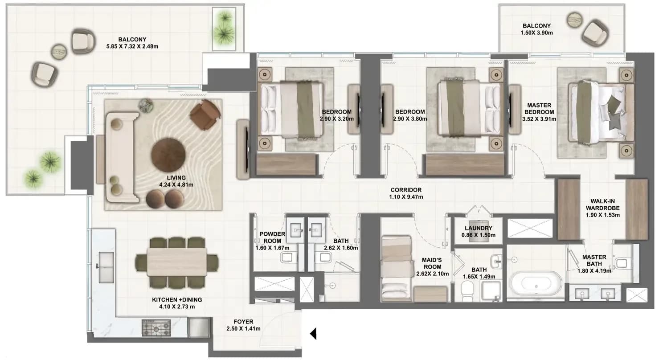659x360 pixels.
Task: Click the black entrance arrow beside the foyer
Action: pyautogui.click(x=314, y=334)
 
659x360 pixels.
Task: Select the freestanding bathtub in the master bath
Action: pyautogui.click(x=536, y=283)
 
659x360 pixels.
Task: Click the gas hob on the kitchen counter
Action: pyautogui.click(x=156, y=328)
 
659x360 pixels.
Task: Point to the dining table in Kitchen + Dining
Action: pyautogui.click(x=177, y=262)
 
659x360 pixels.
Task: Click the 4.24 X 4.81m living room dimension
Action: pyautogui.click(x=176, y=185)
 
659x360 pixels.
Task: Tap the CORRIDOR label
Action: pyautogui.click(x=406, y=190)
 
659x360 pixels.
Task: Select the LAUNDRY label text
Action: pyautogui.click(x=479, y=228)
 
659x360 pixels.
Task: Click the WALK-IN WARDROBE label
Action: pyautogui.click(x=602, y=205)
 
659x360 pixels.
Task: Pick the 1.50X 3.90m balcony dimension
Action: pyautogui.click(x=536, y=33)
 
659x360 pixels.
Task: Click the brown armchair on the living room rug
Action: pyautogui.click(x=205, y=115)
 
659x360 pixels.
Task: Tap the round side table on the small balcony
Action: pyautogui.click(x=574, y=20)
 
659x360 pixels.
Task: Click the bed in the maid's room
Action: pyautogui.click(x=396, y=268)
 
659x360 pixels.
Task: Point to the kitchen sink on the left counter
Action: pyautogui.click(x=106, y=267)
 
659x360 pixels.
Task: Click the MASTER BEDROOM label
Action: pyautogui.click(x=539, y=109)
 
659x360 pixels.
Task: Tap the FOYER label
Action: pyautogui.click(x=243, y=322)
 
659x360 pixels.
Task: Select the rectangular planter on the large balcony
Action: pyautogui.click(x=224, y=29)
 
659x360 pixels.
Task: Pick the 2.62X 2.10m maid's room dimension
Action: pyautogui.click(x=432, y=274)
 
